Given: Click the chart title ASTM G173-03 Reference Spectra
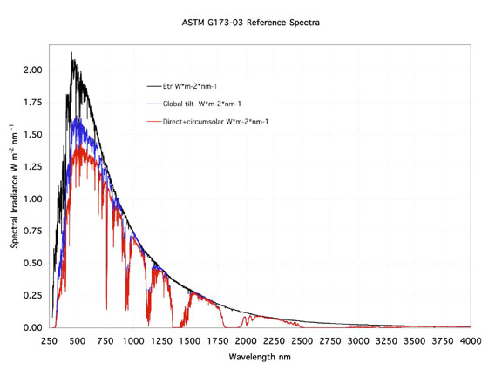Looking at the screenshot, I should [x=251, y=21].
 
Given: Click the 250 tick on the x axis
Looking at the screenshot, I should [x=49, y=341].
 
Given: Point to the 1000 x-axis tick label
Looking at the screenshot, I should [x=133, y=341].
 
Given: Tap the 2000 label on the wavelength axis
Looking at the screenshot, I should [x=246, y=341].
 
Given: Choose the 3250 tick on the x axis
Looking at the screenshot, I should [x=386, y=341].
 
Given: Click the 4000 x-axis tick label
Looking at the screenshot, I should [x=471, y=341].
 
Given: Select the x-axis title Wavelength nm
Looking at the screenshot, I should [x=260, y=358].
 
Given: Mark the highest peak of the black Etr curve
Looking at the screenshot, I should [x=71, y=53].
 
